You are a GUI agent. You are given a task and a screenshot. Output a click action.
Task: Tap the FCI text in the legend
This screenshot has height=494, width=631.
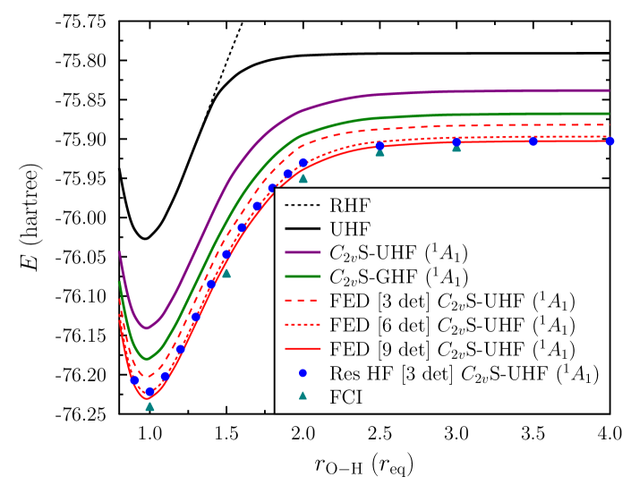point(345,397)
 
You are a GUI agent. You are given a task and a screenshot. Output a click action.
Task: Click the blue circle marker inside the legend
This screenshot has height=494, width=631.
point(303,373)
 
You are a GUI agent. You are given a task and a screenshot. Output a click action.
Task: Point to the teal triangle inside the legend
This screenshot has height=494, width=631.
point(303,396)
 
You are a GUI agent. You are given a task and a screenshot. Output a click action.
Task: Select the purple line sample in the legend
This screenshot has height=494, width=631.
point(303,252)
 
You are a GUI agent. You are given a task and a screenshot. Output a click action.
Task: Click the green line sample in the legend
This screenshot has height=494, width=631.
point(303,277)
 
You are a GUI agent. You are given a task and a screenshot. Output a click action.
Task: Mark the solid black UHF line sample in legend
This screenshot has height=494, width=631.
point(303,229)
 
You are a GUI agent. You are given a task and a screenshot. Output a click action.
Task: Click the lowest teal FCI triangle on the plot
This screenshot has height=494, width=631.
point(149,406)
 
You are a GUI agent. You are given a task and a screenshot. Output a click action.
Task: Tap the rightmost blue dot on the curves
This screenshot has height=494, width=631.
point(610,141)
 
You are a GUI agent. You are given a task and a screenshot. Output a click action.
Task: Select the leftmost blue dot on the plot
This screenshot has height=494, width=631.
point(134,379)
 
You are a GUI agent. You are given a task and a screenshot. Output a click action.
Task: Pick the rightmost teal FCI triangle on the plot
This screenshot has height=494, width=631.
point(456,147)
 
